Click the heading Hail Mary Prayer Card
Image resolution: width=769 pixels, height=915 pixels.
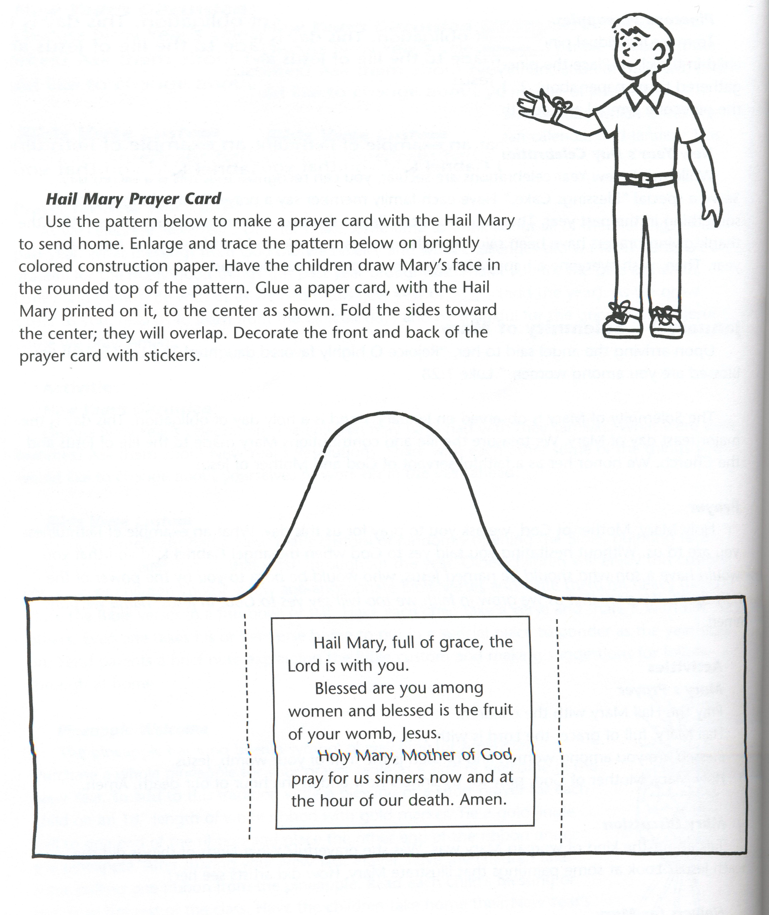click(133, 199)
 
